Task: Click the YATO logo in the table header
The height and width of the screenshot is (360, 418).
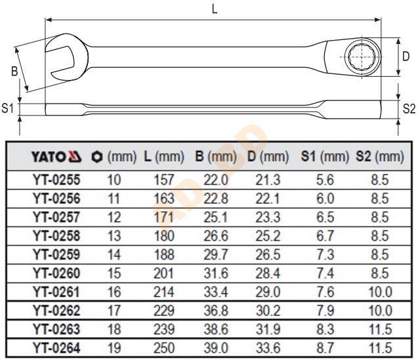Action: [56, 157]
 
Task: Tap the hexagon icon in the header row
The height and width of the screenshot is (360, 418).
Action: [96, 157]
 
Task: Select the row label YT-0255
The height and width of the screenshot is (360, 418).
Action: [56, 180]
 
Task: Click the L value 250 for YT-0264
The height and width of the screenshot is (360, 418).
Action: [164, 348]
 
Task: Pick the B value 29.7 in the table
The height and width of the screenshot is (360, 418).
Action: [216, 254]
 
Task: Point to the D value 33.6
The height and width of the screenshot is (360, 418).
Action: [268, 348]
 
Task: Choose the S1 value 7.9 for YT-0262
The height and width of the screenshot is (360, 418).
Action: [325, 310]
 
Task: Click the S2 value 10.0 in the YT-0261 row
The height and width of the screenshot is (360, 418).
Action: [380, 292]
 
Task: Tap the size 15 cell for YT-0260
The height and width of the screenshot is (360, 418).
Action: [114, 273]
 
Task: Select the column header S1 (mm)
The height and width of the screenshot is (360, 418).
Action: [325, 157]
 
